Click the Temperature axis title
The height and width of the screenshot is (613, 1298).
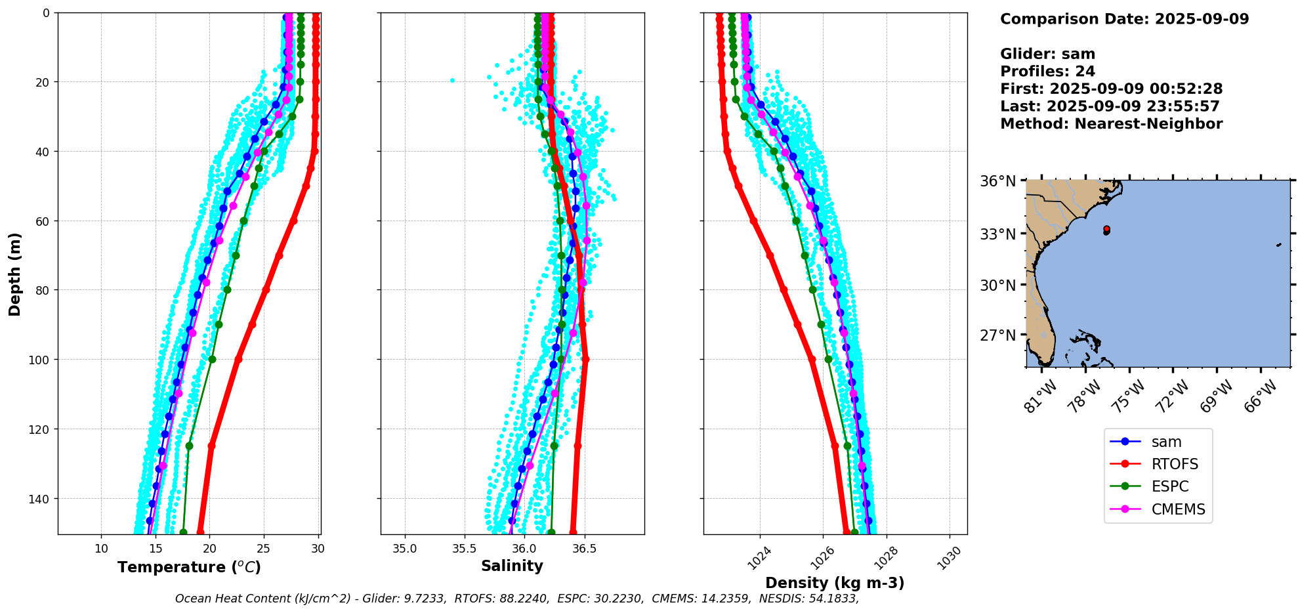pyautogui.click(x=189, y=567)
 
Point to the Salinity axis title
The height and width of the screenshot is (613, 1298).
pyautogui.click(x=512, y=566)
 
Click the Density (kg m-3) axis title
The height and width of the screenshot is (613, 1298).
pyautogui.click(x=835, y=583)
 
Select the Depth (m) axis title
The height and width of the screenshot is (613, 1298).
pyautogui.click(x=14, y=274)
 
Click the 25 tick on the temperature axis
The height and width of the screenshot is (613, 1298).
pyautogui.click(x=263, y=549)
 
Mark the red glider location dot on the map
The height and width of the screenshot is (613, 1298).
pyautogui.click(x=1106, y=229)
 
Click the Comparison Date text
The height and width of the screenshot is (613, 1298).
pyautogui.click(x=1124, y=19)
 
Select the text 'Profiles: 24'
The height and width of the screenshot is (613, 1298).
pyautogui.click(x=1047, y=72)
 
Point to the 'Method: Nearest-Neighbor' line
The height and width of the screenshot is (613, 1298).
pyautogui.click(x=1111, y=124)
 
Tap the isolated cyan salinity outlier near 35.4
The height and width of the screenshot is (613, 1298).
pyautogui.click(x=452, y=80)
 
